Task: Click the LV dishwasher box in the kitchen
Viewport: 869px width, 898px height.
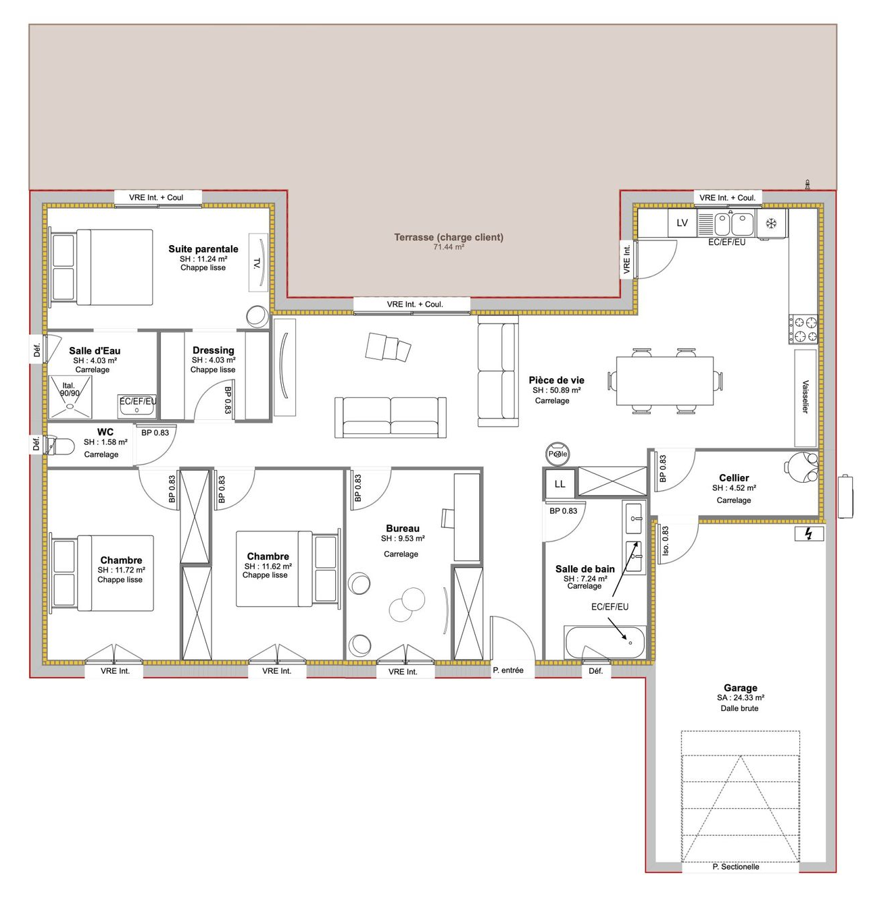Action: (x=682, y=223)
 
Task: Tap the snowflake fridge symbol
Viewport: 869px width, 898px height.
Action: (x=770, y=223)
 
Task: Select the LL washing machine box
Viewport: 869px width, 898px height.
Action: (x=560, y=483)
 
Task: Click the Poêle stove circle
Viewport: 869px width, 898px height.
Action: (x=557, y=454)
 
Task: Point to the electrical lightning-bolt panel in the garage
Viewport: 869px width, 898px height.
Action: (x=808, y=534)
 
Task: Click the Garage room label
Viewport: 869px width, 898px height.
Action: (x=740, y=687)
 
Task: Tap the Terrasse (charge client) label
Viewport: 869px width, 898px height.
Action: (x=448, y=237)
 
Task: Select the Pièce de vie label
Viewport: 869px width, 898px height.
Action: (x=556, y=380)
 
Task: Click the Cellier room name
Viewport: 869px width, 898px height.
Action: (x=734, y=478)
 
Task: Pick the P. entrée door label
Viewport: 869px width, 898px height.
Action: (x=508, y=670)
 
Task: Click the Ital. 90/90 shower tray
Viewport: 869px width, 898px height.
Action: (x=70, y=397)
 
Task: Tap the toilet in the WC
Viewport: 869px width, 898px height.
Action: (x=61, y=446)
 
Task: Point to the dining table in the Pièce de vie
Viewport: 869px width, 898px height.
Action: (x=664, y=381)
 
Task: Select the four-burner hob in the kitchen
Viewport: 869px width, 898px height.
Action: (x=803, y=329)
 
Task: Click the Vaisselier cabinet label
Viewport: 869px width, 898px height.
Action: (x=805, y=396)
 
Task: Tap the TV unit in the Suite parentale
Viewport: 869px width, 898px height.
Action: (x=258, y=262)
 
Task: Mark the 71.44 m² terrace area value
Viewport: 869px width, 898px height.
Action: (x=448, y=247)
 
